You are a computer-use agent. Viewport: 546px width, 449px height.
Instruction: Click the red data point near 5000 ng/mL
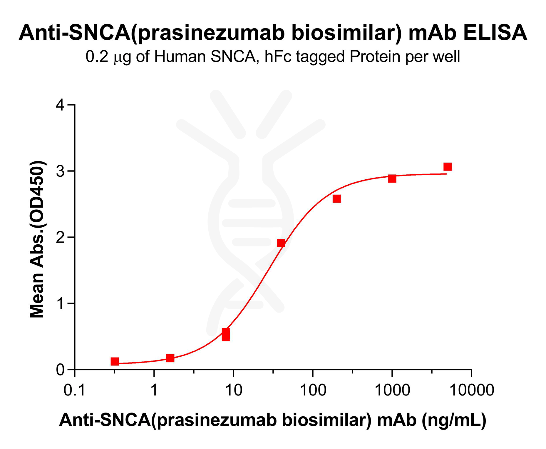[447, 167]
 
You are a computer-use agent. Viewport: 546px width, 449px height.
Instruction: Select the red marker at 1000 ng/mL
[392, 178]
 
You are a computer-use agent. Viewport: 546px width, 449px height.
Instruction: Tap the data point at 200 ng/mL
[336, 199]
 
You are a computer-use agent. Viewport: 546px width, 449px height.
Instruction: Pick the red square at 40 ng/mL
[281, 243]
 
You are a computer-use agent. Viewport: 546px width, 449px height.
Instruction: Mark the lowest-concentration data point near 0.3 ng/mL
[115, 361]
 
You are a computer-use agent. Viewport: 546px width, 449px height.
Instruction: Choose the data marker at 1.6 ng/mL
[170, 358]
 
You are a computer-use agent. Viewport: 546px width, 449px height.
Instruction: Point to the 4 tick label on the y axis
[60, 105]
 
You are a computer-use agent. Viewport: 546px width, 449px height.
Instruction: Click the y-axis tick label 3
[60, 171]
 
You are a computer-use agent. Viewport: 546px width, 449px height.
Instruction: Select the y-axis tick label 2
[60, 237]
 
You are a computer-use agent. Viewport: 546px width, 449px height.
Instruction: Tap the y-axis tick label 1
[60, 303]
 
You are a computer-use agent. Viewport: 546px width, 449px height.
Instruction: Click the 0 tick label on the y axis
[60, 370]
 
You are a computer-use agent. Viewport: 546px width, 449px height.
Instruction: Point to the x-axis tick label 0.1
[75, 390]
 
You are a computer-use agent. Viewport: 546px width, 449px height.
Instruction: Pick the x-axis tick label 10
[234, 390]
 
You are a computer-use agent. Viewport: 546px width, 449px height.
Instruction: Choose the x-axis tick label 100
[313, 390]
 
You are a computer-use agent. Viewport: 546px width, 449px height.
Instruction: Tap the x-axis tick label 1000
[392, 390]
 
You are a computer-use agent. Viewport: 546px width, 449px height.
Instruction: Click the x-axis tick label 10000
[472, 390]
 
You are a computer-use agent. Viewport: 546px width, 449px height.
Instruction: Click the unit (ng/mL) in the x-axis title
[454, 420]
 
